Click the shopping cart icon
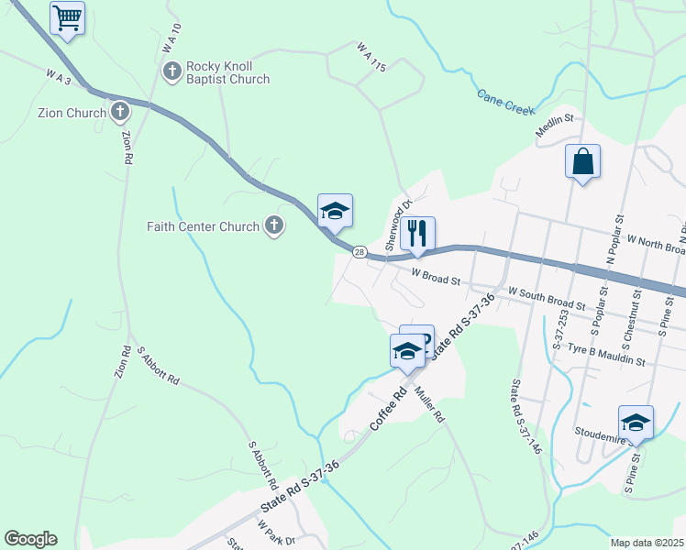[x=67, y=17]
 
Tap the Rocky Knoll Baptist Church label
[x=227, y=72]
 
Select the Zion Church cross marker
[x=119, y=113]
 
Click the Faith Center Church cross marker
[x=273, y=225]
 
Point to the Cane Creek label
[x=505, y=102]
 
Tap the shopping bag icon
[x=582, y=161]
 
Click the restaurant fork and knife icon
[x=417, y=233]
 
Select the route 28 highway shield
[x=360, y=252]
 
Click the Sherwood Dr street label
[x=400, y=225]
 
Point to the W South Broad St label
[x=547, y=296]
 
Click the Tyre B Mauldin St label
[x=606, y=356]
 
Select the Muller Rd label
[x=428, y=402]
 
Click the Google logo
[x=30, y=539]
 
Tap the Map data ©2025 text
[x=647, y=543]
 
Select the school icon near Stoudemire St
[x=636, y=422]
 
